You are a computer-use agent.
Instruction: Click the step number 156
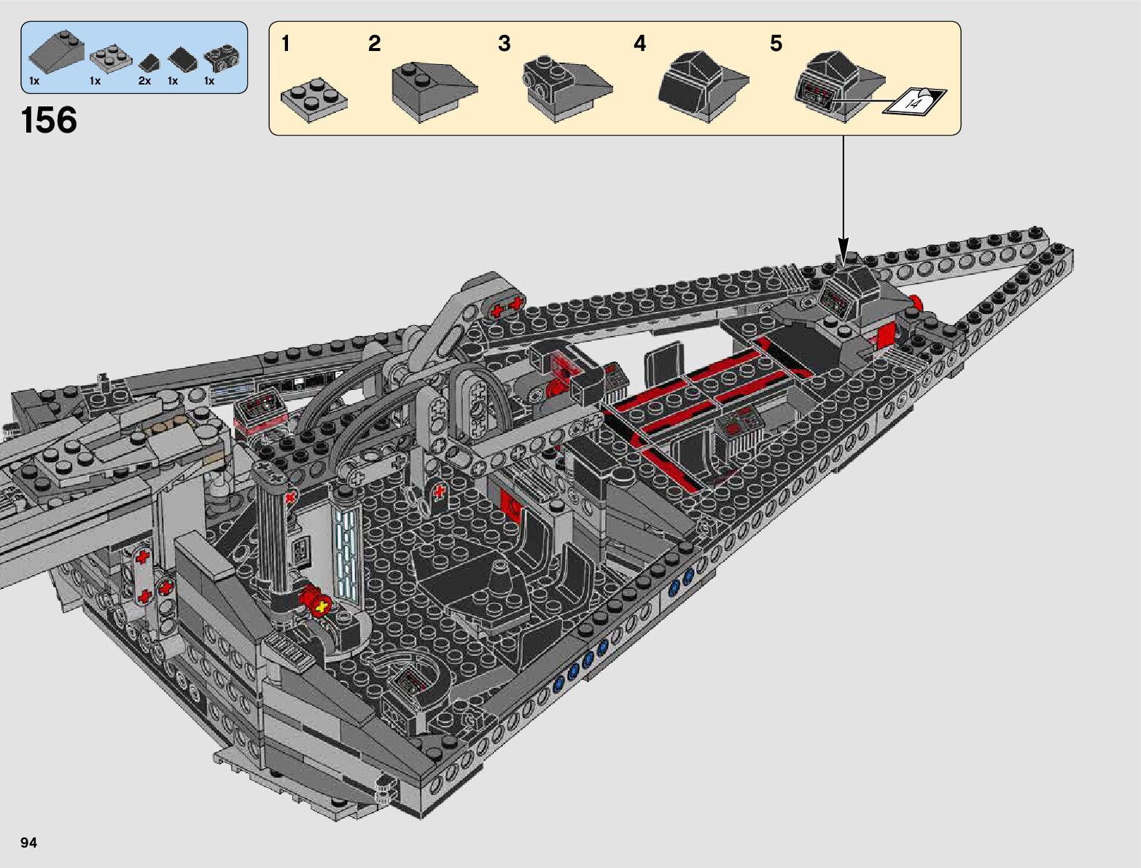(50, 120)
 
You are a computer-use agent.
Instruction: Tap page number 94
(28, 842)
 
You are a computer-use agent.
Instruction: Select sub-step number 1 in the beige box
(285, 44)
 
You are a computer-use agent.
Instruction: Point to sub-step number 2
(374, 44)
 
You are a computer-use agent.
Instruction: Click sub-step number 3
(505, 44)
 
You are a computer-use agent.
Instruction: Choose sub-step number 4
(640, 44)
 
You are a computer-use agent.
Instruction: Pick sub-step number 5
(776, 44)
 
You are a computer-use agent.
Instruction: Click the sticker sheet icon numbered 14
(914, 101)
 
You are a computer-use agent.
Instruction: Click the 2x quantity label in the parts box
(144, 81)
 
